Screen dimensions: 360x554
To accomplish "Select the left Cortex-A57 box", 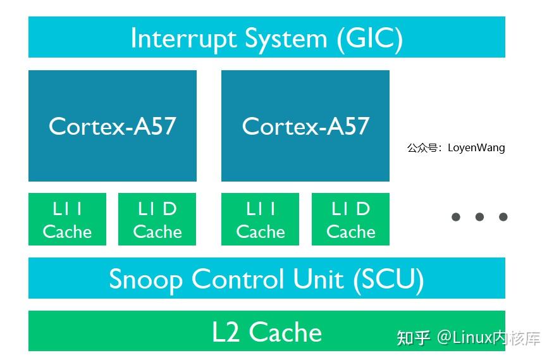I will click(x=112, y=126).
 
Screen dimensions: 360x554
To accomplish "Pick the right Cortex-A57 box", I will click(x=305, y=126).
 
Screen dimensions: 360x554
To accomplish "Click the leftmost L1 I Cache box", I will click(x=67, y=220).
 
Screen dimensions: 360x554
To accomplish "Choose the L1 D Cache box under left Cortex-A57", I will click(x=157, y=220).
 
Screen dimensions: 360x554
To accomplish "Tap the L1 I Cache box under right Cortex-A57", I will click(x=260, y=220).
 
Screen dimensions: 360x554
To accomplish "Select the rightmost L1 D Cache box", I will click(x=350, y=220).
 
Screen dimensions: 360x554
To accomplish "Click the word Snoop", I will click(x=145, y=279).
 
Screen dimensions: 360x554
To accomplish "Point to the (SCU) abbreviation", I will click(x=388, y=279).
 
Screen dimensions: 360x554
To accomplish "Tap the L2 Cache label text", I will click(x=267, y=332).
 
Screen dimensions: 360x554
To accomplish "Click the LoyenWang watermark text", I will click(x=476, y=148).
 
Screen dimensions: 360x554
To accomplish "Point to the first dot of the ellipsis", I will click(x=456, y=217).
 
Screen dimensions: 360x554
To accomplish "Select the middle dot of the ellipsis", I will click(x=479, y=217).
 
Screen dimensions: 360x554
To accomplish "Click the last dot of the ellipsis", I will click(x=503, y=217).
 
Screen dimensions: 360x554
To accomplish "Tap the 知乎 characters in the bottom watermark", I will click(x=414, y=338).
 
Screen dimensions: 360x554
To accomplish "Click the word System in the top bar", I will click(x=286, y=39).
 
